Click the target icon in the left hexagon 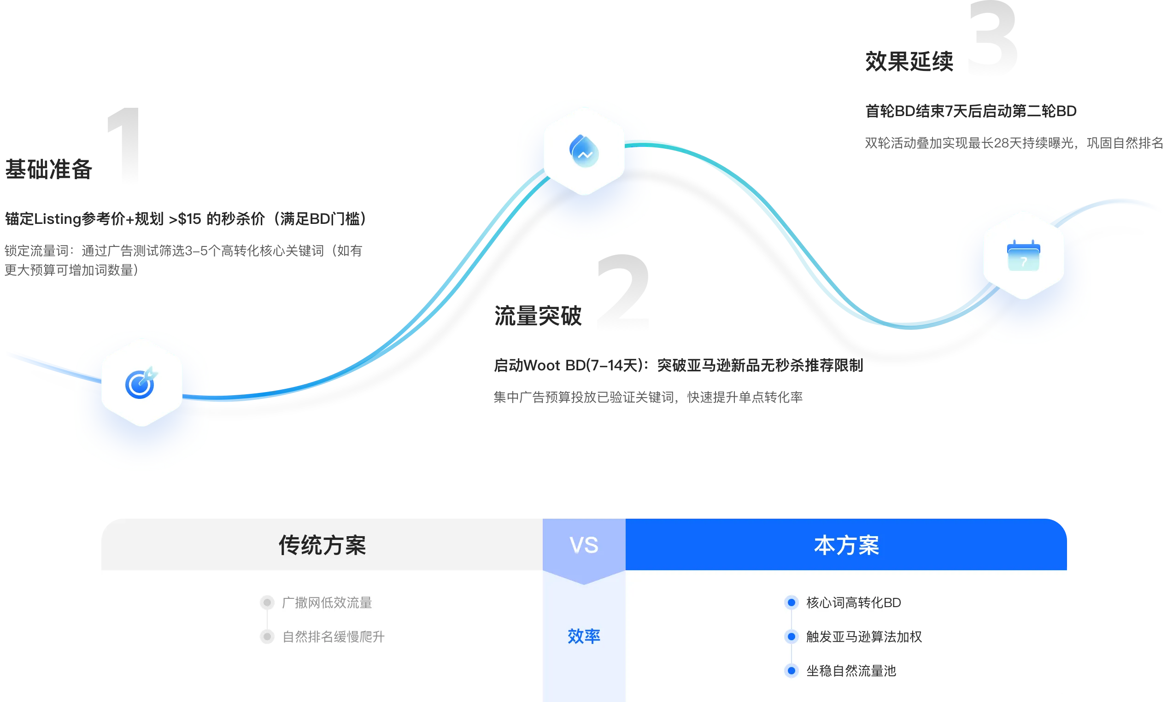click(141, 383)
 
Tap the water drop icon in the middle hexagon click(584, 151)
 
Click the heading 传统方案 click(322, 545)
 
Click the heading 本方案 click(846, 545)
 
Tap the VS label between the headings click(584, 545)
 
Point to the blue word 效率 click(584, 636)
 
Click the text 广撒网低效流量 click(327, 603)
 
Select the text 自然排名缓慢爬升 click(334, 637)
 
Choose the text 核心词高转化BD click(853, 603)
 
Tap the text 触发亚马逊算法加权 click(864, 637)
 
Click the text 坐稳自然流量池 click(851, 671)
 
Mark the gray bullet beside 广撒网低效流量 click(267, 603)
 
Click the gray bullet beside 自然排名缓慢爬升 click(267, 637)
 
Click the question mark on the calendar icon click(1024, 262)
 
